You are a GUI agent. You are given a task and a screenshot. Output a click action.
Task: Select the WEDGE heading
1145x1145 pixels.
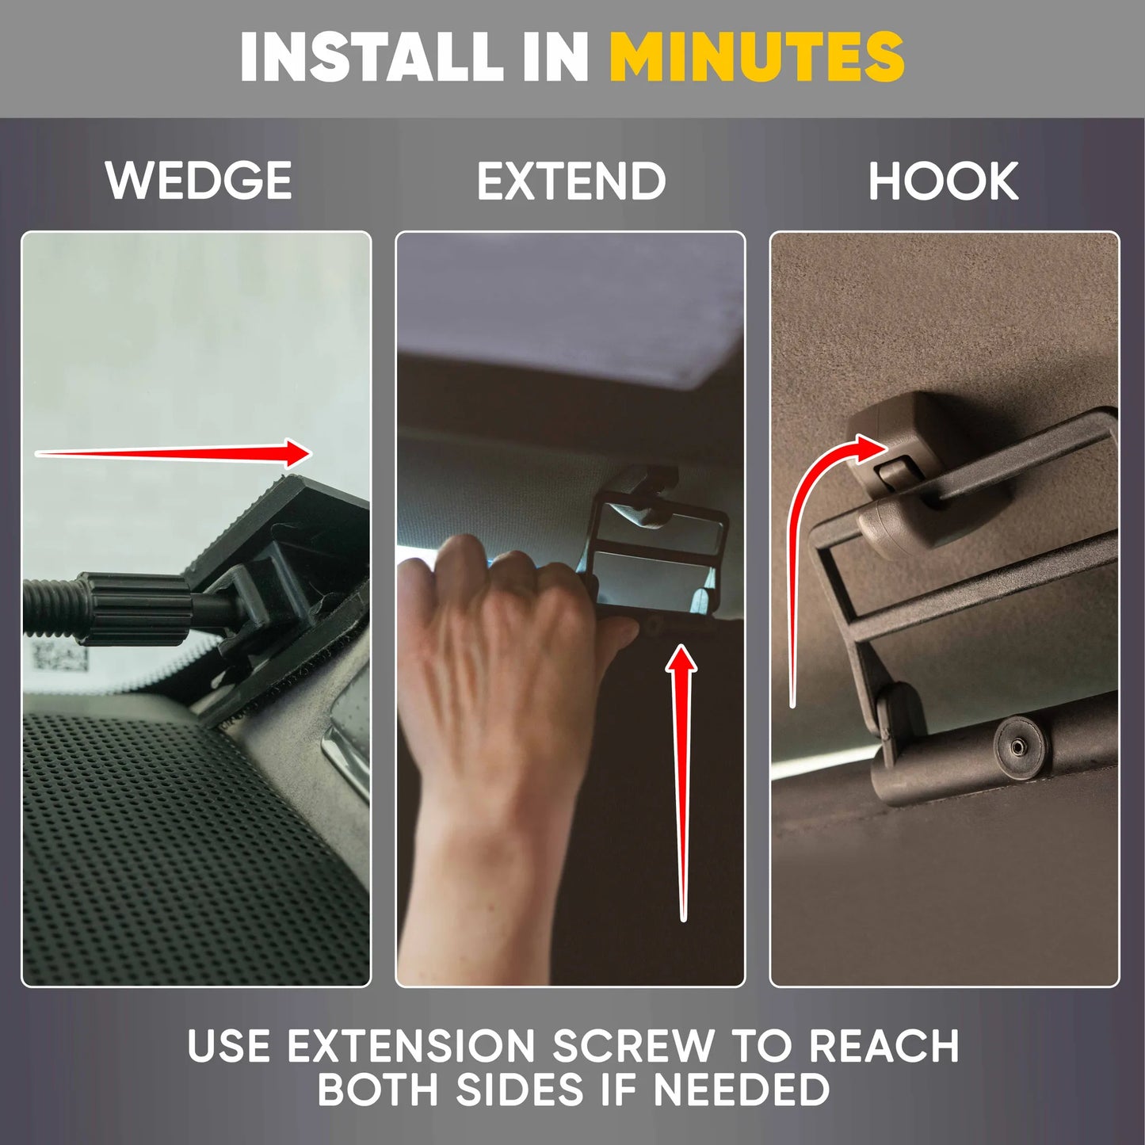[x=198, y=181]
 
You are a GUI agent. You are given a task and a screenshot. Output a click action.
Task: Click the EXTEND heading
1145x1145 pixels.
[x=571, y=181]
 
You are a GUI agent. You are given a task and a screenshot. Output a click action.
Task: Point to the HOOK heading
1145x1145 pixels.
[x=944, y=181]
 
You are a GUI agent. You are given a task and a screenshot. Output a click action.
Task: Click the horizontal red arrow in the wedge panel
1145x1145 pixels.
[x=174, y=454]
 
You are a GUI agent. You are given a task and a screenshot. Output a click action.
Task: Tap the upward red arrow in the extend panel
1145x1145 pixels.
[x=682, y=783]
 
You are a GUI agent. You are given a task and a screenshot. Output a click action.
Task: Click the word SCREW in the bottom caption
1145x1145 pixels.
[x=634, y=1045]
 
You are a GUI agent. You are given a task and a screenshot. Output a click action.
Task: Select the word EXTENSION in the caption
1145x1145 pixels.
[x=411, y=1045]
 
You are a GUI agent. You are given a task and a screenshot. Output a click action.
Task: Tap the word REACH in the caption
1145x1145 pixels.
[x=884, y=1045]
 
